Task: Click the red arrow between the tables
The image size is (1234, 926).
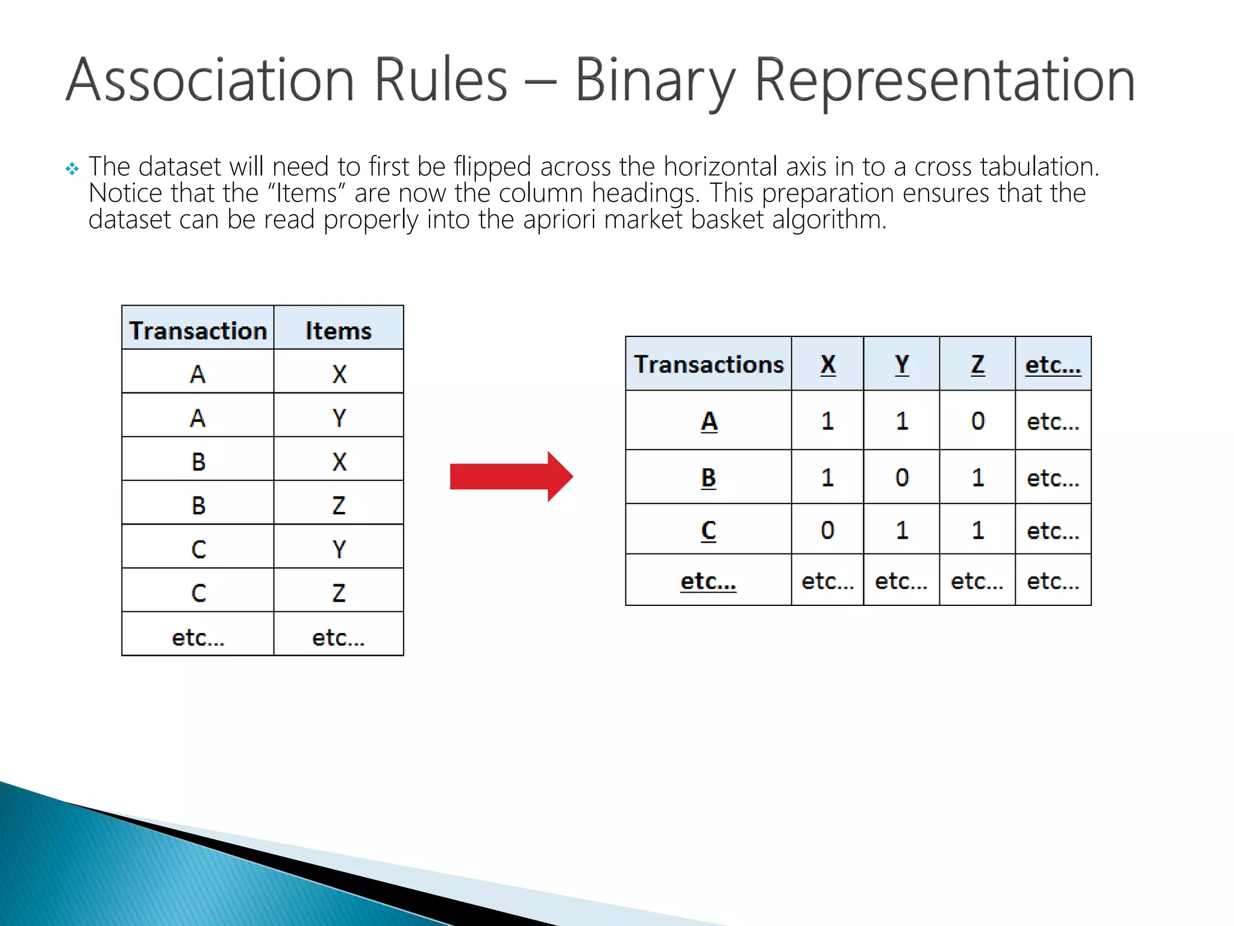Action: (x=511, y=476)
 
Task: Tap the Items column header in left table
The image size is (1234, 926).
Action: (x=338, y=331)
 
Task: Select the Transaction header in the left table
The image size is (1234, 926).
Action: (x=198, y=331)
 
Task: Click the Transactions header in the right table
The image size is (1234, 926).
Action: (x=709, y=365)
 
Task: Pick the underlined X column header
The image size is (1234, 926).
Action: (x=828, y=365)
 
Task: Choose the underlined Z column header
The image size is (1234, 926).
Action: (x=977, y=365)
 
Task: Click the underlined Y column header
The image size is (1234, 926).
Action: (x=901, y=365)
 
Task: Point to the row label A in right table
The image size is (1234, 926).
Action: (x=709, y=421)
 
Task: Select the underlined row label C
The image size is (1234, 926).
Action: (x=709, y=531)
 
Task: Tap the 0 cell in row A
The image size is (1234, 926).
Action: (x=977, y=421)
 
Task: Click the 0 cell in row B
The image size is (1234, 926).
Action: (x=901, y=477)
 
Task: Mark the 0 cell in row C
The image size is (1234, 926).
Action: (x=827, y=531)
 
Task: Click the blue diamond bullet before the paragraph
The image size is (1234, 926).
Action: (x=72, y=169)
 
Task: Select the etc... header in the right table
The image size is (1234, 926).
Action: (x=1053, y=365)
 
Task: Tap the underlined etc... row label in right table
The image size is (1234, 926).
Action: (x=708, y=581)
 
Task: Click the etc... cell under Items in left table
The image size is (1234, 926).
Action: (x=338, y=637)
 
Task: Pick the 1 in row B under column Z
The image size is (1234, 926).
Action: (x=977, y=477)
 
